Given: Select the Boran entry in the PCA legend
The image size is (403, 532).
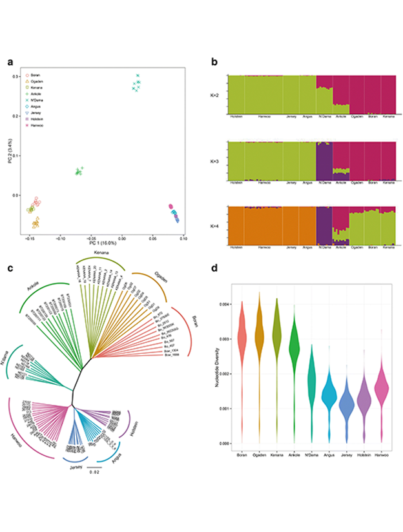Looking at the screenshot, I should [x=36, y=76].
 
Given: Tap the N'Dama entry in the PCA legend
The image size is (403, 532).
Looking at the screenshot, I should [x=37, y=100].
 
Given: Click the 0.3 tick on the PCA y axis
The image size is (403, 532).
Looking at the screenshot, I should [x=17, y=77].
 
